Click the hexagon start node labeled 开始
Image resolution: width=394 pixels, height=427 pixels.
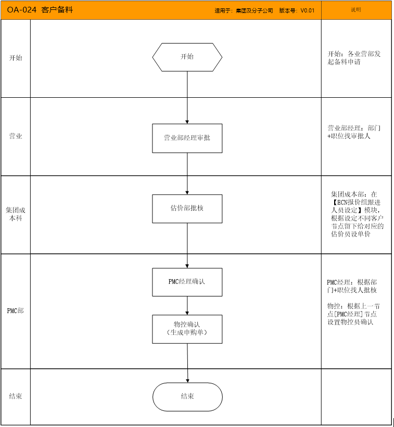187,57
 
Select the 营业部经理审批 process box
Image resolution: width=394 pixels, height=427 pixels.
187,138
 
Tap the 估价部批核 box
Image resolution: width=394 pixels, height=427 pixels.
187,209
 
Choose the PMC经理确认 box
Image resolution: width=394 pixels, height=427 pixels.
187,282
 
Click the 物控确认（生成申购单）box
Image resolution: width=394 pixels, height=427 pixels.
187,329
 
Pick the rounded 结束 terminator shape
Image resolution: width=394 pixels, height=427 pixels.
187,397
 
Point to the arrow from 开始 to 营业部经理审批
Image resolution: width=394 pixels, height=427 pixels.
187,98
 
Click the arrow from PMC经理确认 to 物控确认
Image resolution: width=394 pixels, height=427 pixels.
187,305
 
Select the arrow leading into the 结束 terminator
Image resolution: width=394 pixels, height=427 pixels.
187,363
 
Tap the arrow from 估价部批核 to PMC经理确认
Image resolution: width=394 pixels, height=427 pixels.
187,245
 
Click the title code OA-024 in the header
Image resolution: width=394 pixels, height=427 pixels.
21,10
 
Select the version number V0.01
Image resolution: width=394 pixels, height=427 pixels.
308,10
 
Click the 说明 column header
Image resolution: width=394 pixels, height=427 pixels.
356,10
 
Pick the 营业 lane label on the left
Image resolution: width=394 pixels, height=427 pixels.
16,136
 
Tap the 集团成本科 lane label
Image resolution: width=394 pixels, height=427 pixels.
16,214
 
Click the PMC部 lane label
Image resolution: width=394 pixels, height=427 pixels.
15,310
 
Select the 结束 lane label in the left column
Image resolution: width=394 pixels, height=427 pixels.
16,396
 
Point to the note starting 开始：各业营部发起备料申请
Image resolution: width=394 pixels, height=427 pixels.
354,58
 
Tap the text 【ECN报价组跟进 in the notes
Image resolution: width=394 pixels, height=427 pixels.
355,202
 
